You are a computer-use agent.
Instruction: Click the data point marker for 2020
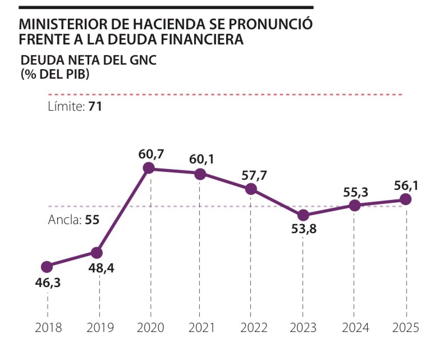149,168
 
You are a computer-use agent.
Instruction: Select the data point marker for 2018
47,266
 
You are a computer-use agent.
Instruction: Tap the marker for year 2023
303,215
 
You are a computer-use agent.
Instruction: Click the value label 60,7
150,152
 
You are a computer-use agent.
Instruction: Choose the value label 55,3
355,192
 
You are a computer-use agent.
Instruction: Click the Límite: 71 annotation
75,106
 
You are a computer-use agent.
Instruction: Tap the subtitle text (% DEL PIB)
55,75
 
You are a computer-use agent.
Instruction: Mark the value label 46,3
47,282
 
